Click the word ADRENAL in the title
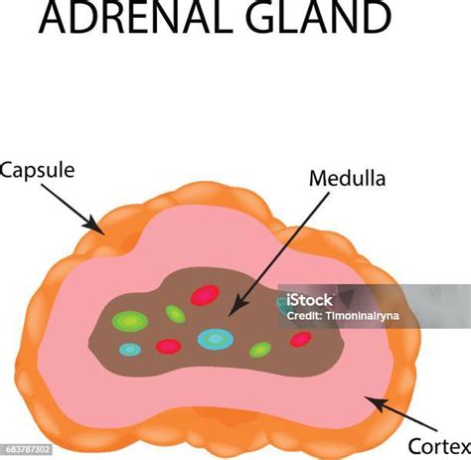137,17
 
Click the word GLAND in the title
318,17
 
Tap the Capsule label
37,171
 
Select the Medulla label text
347,178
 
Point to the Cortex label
439,446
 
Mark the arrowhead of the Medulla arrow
236,307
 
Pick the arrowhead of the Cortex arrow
376,403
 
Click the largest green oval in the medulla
130,321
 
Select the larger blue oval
216,339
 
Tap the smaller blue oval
130,350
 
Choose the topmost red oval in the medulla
205,295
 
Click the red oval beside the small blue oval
169,346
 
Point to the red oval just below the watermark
301,339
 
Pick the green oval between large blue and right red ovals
260,350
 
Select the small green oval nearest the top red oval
175,314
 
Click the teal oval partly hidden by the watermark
282,305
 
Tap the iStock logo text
309,300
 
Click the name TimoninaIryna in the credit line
363,316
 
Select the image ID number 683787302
28,449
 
